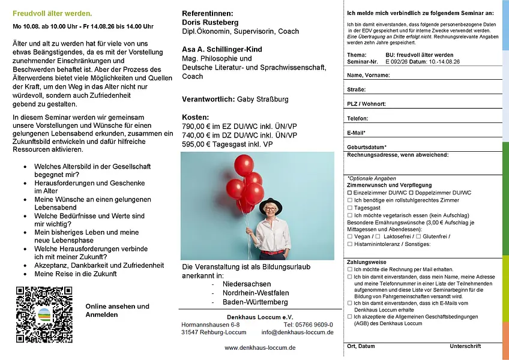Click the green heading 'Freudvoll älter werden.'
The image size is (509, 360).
point(52,13)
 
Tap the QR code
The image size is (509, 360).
point(44,314)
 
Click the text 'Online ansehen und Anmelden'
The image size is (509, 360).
point(117,310)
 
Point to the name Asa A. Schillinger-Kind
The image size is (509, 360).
point(221,49)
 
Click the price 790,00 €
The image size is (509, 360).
point(199,127)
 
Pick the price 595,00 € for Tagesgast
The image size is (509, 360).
point(199,145)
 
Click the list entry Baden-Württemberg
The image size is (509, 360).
point(254,302)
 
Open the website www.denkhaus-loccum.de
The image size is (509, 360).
point(259,347)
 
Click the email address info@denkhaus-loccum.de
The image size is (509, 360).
point(297,332)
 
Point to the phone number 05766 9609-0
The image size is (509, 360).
point(314,325)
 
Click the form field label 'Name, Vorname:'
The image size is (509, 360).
point(369,76)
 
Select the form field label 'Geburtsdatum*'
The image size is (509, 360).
point(367,147)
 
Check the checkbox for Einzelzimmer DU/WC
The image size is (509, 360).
point(350,193)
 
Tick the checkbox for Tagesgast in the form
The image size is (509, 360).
point(350,208)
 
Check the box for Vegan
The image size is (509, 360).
point(350,236)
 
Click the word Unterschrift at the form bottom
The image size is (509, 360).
point(465,346)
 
